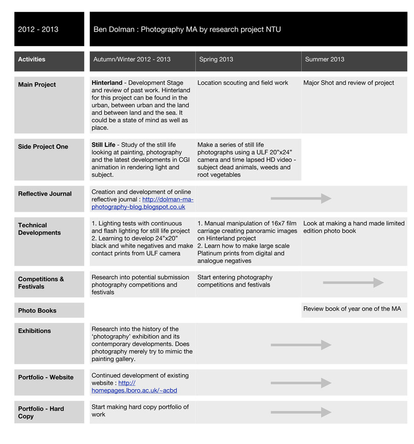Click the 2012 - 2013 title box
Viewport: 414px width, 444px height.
click(x=49, y=29)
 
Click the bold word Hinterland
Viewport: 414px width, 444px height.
click(x=107, y=83)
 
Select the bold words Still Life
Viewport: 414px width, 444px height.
click(x=103, y=145)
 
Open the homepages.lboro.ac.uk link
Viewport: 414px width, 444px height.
click(x=134, y=390)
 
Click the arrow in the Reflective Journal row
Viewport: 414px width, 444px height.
click(x=301, y=199)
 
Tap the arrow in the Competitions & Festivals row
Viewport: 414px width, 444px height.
click(x=353, y=282)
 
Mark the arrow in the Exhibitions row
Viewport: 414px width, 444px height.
click(x=301, y=345)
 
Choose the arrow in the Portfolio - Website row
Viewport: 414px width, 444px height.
click(x=301, y=383)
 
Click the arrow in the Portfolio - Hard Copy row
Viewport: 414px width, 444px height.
click(x=301, y=412)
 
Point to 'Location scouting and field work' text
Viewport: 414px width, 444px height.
click(x=242, y=83)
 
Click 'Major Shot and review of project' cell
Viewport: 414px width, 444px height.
click(x=349, y=83)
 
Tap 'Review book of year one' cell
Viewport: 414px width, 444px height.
click(x=352, y=309)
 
